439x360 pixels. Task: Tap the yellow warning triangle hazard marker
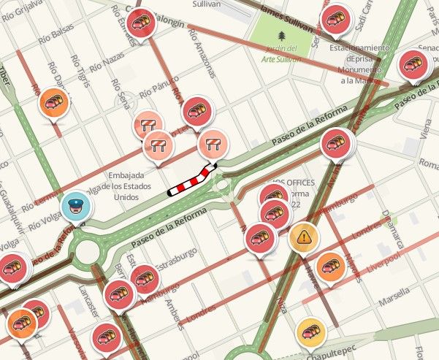pos(302,237)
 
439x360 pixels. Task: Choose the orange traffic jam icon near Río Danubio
pos(53,102)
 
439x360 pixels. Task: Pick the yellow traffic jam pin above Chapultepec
pos(312,330)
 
